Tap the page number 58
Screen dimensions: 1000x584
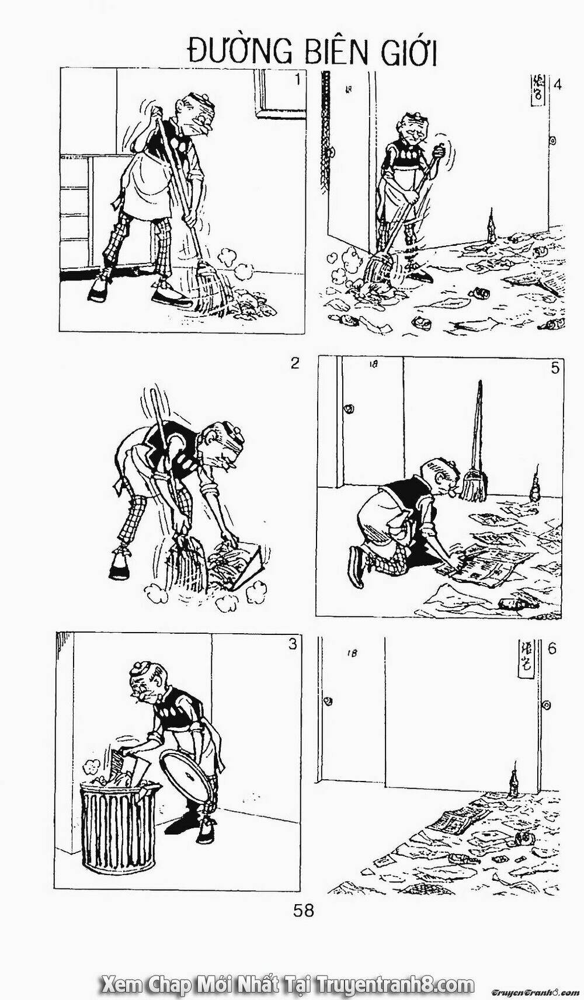pyautogui.click(x=304, y=911)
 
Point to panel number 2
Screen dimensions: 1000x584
pyautogui.click(x=295, y=363)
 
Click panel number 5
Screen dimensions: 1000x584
pyautogui.click(x=555, y=367)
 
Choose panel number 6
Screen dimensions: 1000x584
pyautogui.click(x=552, y=648)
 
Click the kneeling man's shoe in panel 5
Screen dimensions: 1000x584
pyautogui.click(x=356, y=565)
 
